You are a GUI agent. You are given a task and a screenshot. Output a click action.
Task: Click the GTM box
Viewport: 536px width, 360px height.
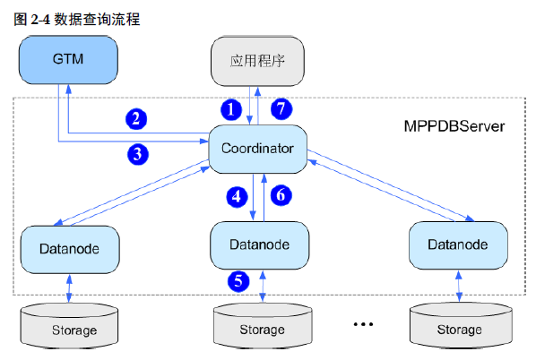point(69,61)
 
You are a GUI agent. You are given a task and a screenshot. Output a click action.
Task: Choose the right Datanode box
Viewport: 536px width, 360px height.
point(457,244)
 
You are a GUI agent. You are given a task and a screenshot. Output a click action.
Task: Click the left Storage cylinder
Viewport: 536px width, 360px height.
point(69,327)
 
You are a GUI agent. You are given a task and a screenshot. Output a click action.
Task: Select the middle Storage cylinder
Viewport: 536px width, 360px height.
point(261,327)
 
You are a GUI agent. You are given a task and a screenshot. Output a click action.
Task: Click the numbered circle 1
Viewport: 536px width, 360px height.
point(232,109)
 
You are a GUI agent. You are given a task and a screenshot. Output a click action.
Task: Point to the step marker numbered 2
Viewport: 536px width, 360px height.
point(136,118)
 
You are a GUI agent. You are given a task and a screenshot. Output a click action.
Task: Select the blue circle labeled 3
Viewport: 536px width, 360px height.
point(136,153)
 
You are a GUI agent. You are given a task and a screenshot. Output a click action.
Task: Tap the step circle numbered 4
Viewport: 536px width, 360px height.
point(238,196)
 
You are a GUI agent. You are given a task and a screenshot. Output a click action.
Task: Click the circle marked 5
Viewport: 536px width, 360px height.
point(238,280)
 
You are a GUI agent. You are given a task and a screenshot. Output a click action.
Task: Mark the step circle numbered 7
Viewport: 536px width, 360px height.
point(282,109)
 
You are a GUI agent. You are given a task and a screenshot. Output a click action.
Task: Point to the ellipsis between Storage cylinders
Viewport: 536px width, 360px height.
point(362,323)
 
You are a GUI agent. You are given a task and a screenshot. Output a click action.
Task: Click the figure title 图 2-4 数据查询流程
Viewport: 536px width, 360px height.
point(77,18)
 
